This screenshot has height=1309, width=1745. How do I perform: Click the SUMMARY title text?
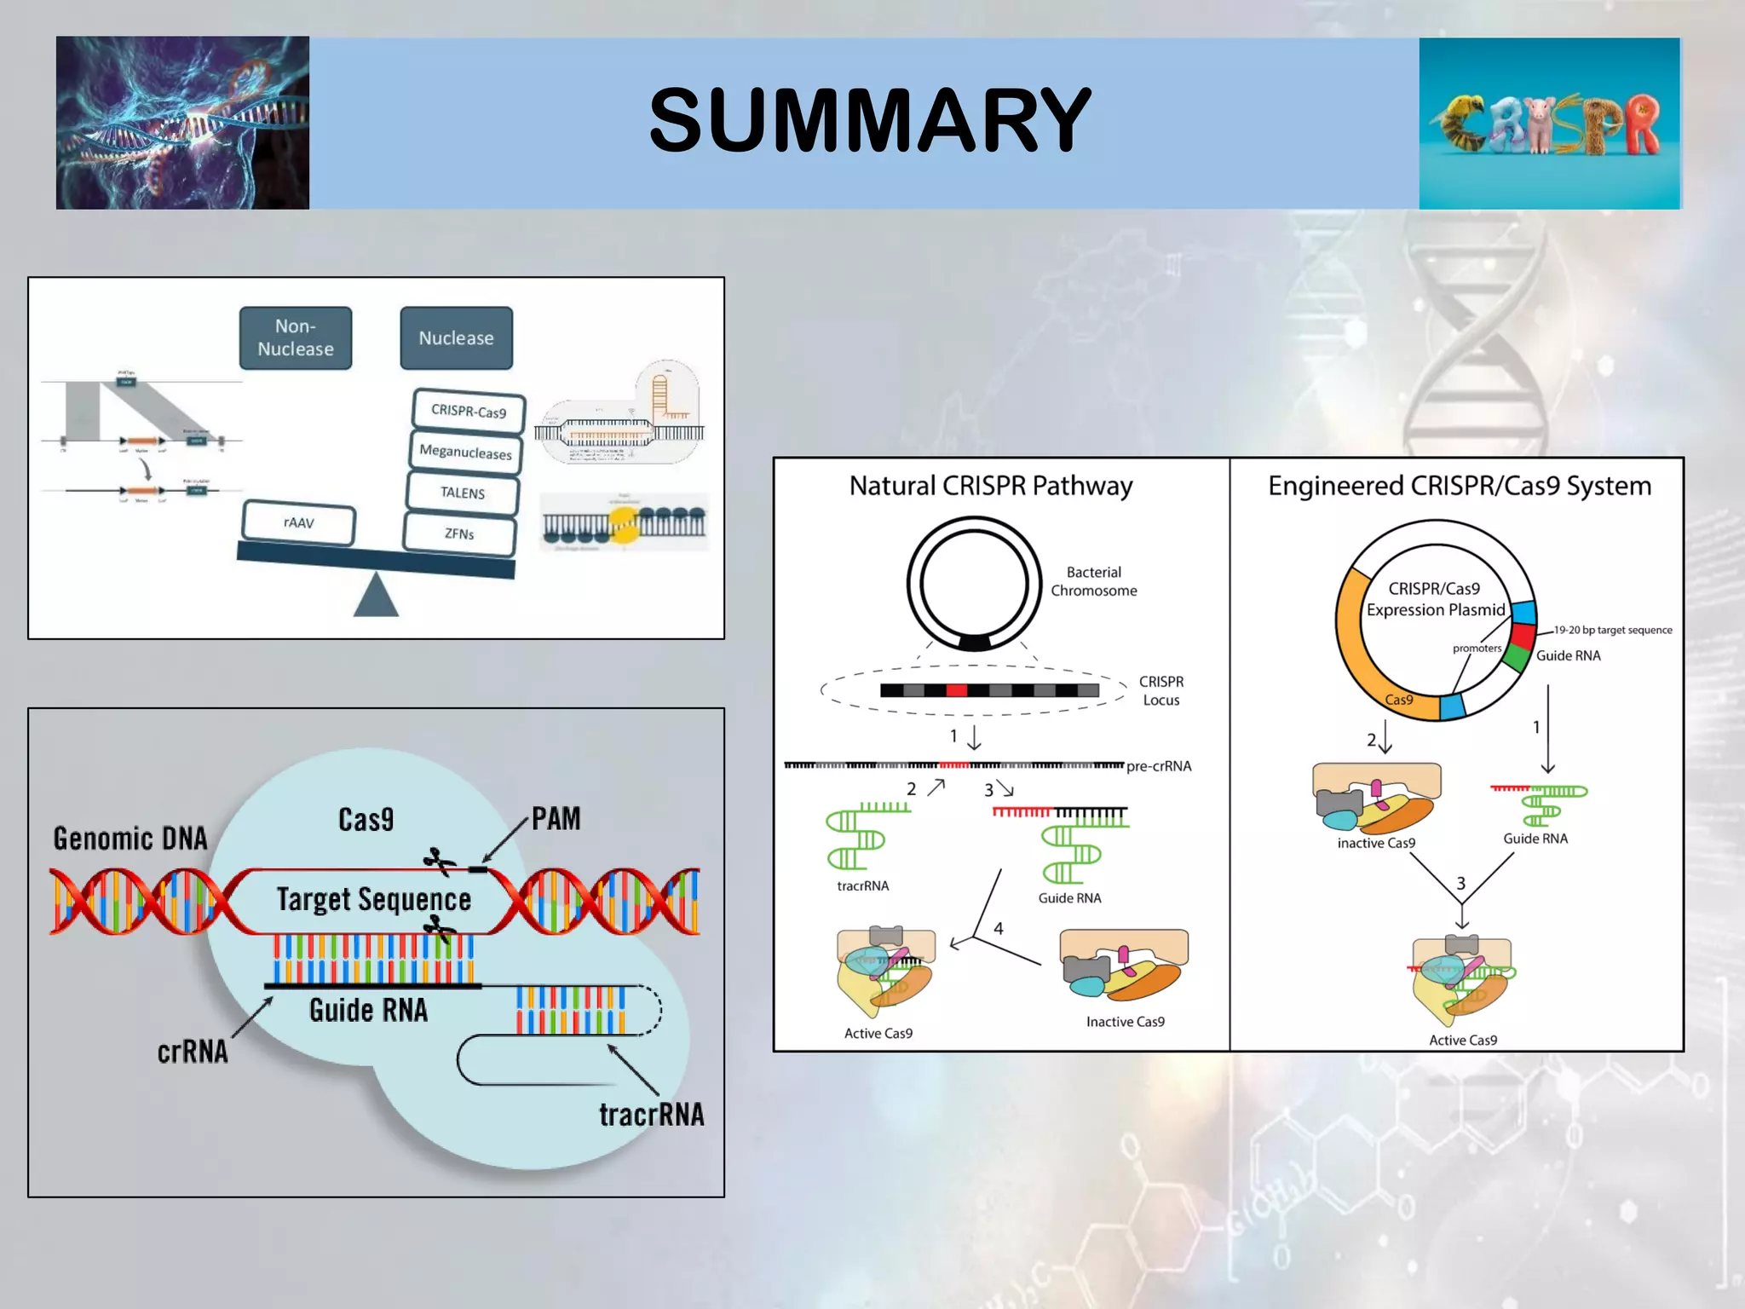click(869, 120)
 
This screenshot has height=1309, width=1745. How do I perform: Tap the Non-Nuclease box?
click(296, 338)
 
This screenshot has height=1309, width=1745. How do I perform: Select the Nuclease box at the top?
click(457, 338)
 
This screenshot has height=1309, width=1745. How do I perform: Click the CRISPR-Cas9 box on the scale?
click(469, 411)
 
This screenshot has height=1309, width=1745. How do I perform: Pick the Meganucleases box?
click(465, 452)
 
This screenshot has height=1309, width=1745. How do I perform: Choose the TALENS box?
click(463, 493)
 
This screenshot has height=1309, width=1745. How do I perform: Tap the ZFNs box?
click(459, 533)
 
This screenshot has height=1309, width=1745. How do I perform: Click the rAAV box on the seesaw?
click(298, 522)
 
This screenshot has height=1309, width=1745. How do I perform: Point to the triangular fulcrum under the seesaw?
click(376, 597)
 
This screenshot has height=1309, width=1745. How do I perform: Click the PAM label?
click(556, 819)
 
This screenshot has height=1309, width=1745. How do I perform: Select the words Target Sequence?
click(373, 900)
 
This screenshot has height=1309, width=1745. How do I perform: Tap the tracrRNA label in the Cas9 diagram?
click(651, 1115)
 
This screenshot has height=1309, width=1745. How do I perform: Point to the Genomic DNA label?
click(130, 839)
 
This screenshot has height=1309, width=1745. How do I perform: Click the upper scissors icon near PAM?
click(440, 862)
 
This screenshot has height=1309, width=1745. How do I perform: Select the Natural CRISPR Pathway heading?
click(991, 486)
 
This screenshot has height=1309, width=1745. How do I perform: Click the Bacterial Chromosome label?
click(1093, 581)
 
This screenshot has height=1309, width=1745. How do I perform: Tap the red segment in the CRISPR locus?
click(957, 690)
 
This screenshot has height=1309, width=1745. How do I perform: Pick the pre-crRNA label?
click(1159, 766)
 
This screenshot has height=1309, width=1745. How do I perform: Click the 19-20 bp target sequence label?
click(1612, 630)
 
